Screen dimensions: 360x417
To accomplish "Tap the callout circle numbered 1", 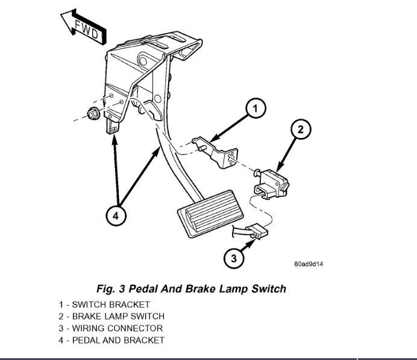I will pos(255,109).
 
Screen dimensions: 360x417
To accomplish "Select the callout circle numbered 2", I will pos(301,129).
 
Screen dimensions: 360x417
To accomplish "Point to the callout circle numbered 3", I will pos(233,259).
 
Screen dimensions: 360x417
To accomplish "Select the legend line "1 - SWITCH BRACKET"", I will pos(104,305).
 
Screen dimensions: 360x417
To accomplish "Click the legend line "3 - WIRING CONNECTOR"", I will pos(111,328).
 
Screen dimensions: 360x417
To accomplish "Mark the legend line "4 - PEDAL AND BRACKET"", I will pos(111,340).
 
